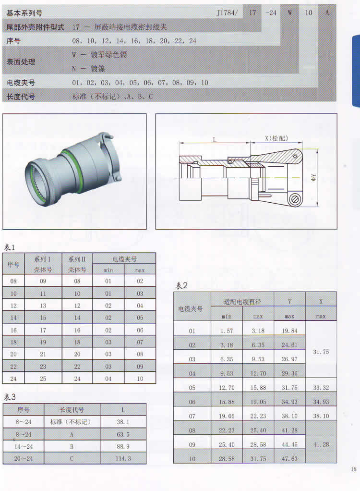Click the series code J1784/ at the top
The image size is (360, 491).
227,13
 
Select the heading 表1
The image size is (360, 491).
9,247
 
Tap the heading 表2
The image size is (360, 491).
181,285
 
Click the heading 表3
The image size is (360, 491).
10,397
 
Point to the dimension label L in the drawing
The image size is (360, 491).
215,139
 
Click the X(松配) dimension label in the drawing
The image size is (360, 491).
276,138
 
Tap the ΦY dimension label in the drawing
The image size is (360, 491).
313,177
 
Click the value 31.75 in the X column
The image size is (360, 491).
321,352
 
